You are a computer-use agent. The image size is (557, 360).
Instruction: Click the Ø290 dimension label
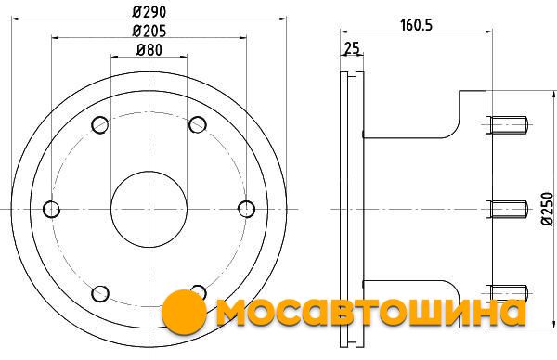pos(149,12)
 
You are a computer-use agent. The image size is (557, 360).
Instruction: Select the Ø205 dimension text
pos(149,31)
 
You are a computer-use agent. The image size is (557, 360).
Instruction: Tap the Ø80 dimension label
pos(149,50)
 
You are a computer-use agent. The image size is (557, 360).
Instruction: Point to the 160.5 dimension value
pos(416,25)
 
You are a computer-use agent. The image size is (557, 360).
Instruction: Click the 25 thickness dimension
pos(352,48)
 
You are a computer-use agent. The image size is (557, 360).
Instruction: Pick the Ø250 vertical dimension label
pos(548,209)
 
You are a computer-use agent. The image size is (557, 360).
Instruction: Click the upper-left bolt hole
pos(100,124)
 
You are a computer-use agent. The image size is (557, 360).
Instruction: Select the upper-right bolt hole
pos(198,124)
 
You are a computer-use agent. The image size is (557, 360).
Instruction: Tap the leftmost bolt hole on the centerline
pos(51,209)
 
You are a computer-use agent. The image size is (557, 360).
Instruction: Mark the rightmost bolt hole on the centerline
pos(246,209)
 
